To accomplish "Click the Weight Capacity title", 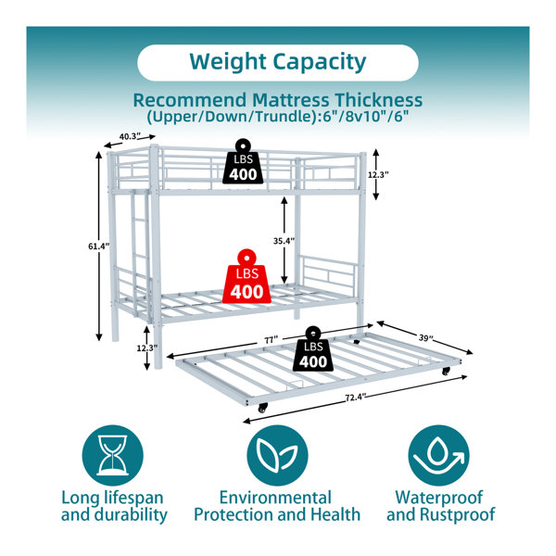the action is (278, 62).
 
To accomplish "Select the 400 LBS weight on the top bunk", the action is (243, 161).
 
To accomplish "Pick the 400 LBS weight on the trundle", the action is (313, 349).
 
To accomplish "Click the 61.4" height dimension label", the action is (99, 246).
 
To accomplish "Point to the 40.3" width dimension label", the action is (130, 136).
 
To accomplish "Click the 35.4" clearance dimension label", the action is (284, 241).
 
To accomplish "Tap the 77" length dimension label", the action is (271, 340).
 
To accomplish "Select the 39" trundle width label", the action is (425, 337).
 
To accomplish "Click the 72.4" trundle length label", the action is (356, 398).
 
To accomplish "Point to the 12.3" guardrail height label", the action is (378, 174).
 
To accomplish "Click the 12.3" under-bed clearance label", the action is (147, 348).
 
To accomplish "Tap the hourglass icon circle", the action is (113, 455).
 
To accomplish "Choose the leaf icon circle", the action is (277, 455).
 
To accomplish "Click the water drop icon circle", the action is (438, 455).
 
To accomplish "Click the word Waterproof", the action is (439, 498).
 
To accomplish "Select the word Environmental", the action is (275, 497).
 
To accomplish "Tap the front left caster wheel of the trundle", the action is (262, 409).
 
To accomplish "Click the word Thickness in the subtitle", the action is (379, 100).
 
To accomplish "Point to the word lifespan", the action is (133, 499).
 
